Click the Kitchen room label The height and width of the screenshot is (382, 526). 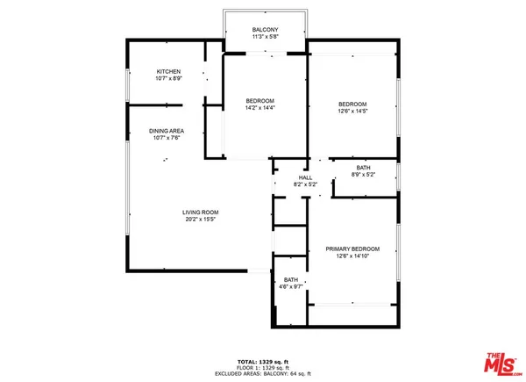tap(169, 71)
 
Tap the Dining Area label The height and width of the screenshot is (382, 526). tap(167, 131)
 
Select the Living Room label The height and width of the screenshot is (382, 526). tap(200, 213)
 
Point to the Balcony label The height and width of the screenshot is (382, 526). tap(265, 29)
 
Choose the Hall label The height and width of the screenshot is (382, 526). tap(305, 177)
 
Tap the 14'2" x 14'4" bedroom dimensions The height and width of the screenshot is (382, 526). tap(260, 108)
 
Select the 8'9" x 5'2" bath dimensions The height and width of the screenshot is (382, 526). tap(363, 175)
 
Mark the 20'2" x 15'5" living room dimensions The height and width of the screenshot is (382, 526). tap(200, 220)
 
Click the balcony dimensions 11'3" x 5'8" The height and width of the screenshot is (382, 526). tap(265, 37)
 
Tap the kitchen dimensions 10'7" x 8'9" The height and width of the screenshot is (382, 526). tap(169, 79)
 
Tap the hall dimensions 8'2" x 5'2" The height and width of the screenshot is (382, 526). tap(305, 184)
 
